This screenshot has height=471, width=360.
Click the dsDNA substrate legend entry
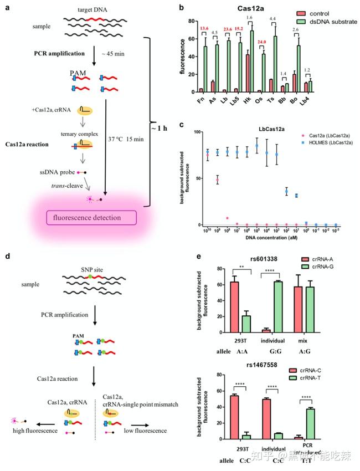[329, 22]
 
